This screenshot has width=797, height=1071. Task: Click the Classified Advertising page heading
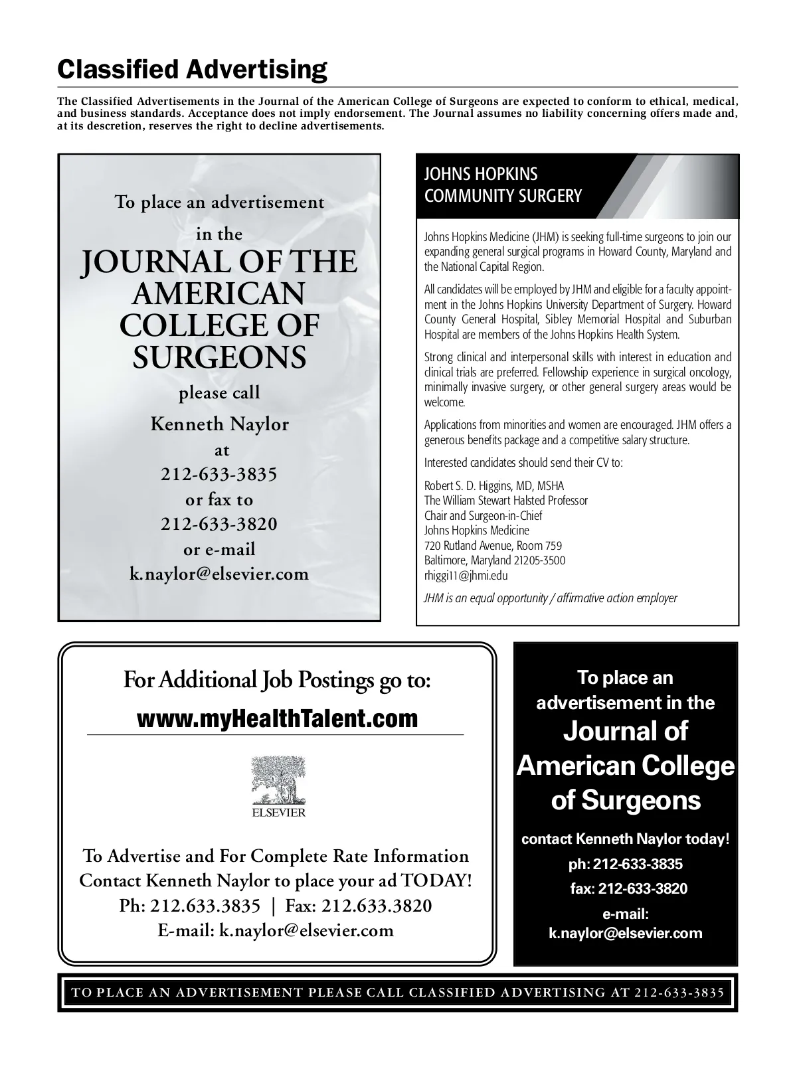point(192,69)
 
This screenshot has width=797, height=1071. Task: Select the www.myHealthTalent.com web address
point(278,718)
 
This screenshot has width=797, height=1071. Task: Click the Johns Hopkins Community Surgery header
point(503,185)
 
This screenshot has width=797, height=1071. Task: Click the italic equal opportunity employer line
point(551,598)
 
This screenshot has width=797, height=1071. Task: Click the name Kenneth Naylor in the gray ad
point(219,424)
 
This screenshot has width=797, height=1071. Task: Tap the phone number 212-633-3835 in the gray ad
point(219,474)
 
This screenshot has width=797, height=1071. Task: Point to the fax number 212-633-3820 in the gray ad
point(219,524)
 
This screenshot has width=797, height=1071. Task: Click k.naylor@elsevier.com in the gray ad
point(219,574)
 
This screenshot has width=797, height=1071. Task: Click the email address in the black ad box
point(625,933)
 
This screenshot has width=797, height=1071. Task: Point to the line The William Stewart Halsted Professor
point(506,500)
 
